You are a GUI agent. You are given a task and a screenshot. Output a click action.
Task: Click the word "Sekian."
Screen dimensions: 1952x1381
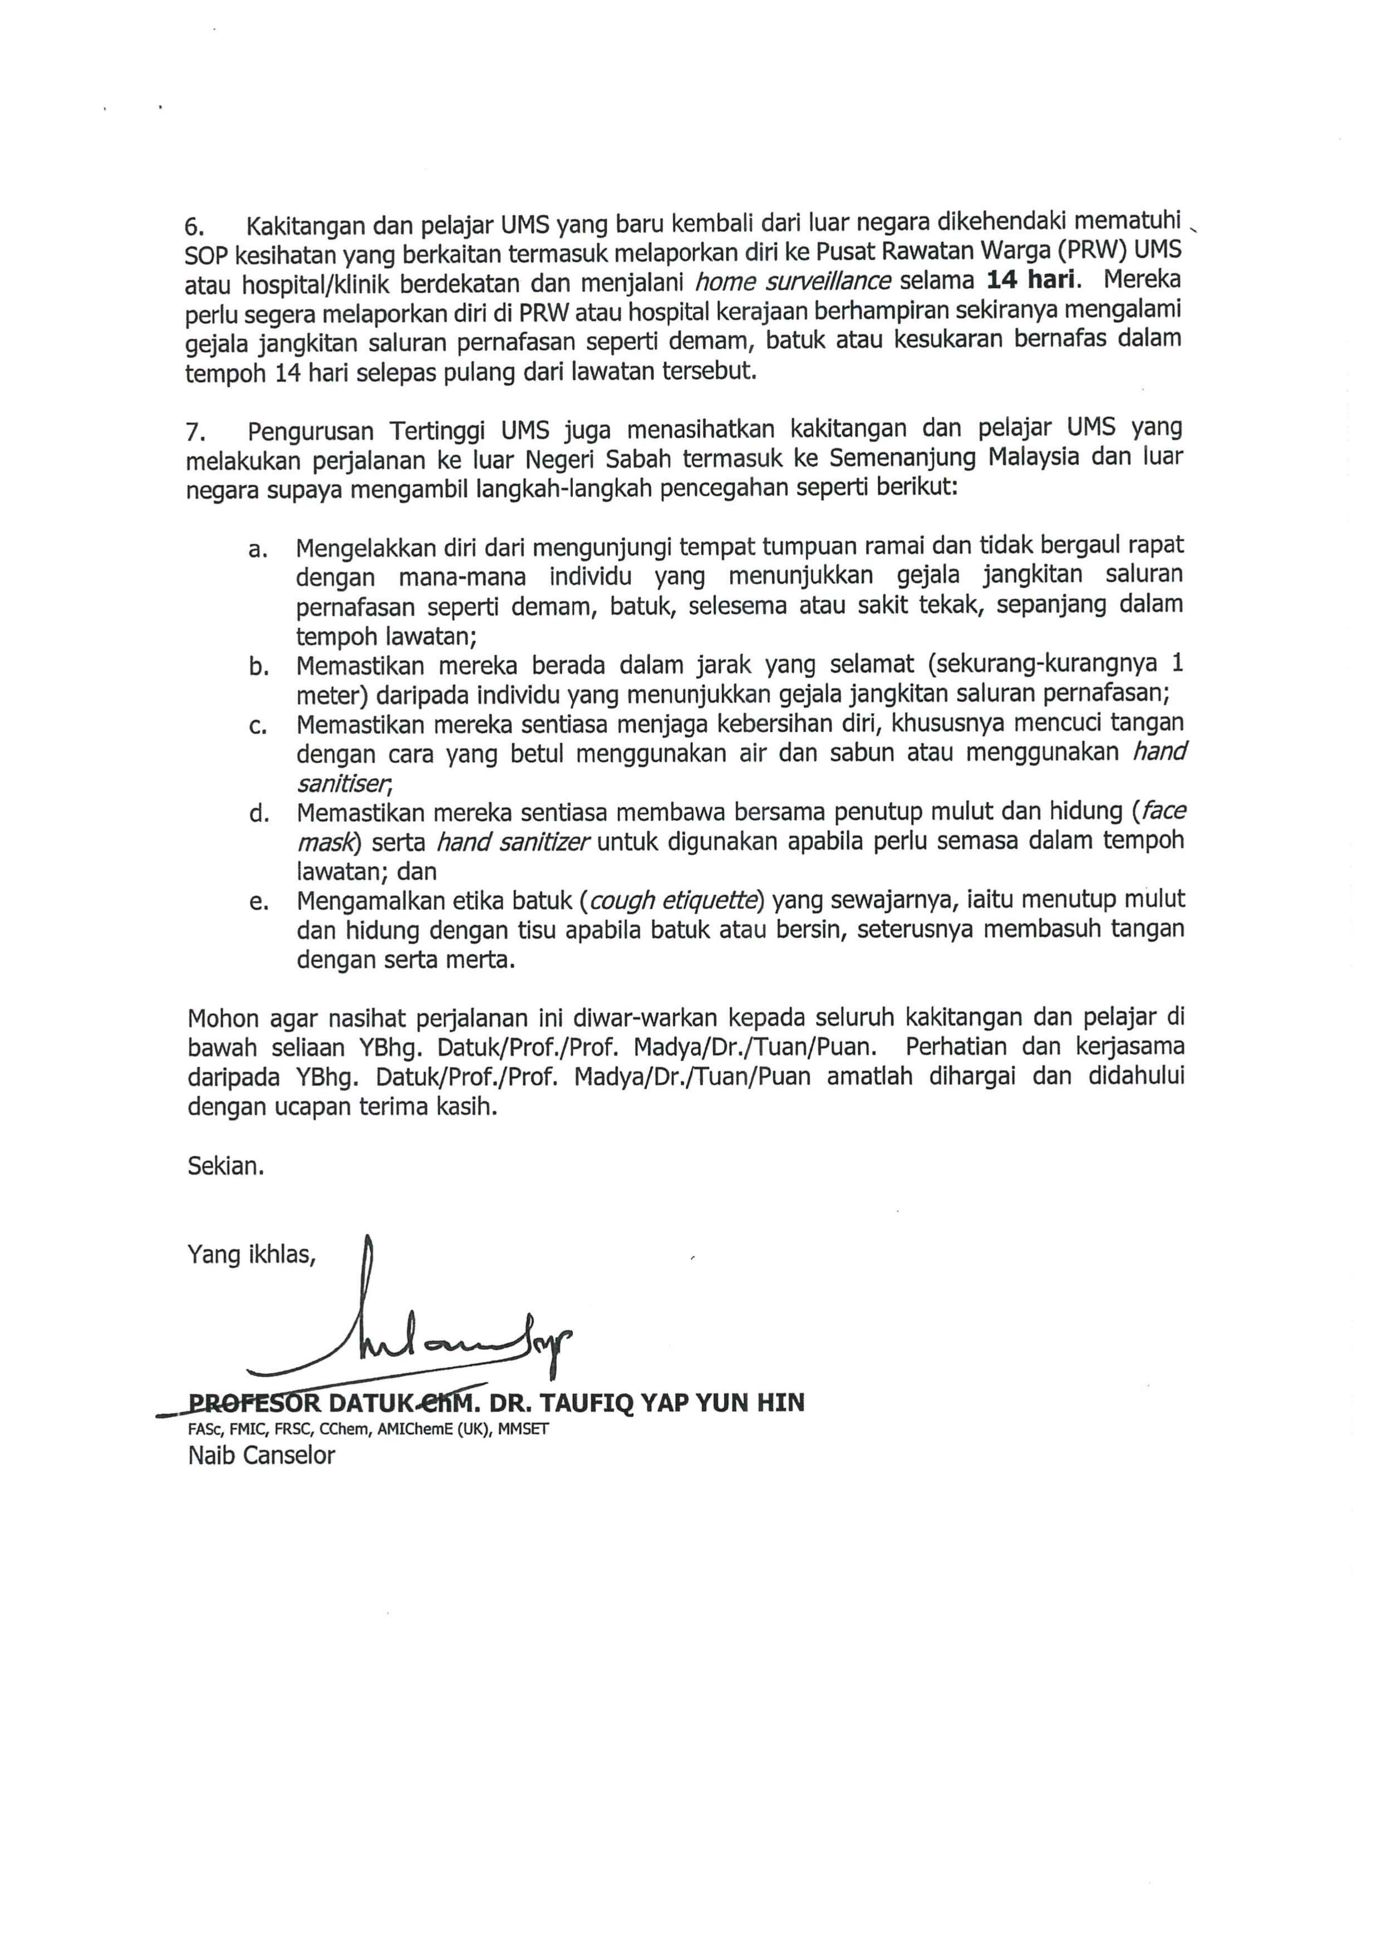[225, 1166]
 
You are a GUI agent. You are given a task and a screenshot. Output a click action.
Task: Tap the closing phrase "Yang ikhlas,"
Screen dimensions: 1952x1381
[252, 1255]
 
